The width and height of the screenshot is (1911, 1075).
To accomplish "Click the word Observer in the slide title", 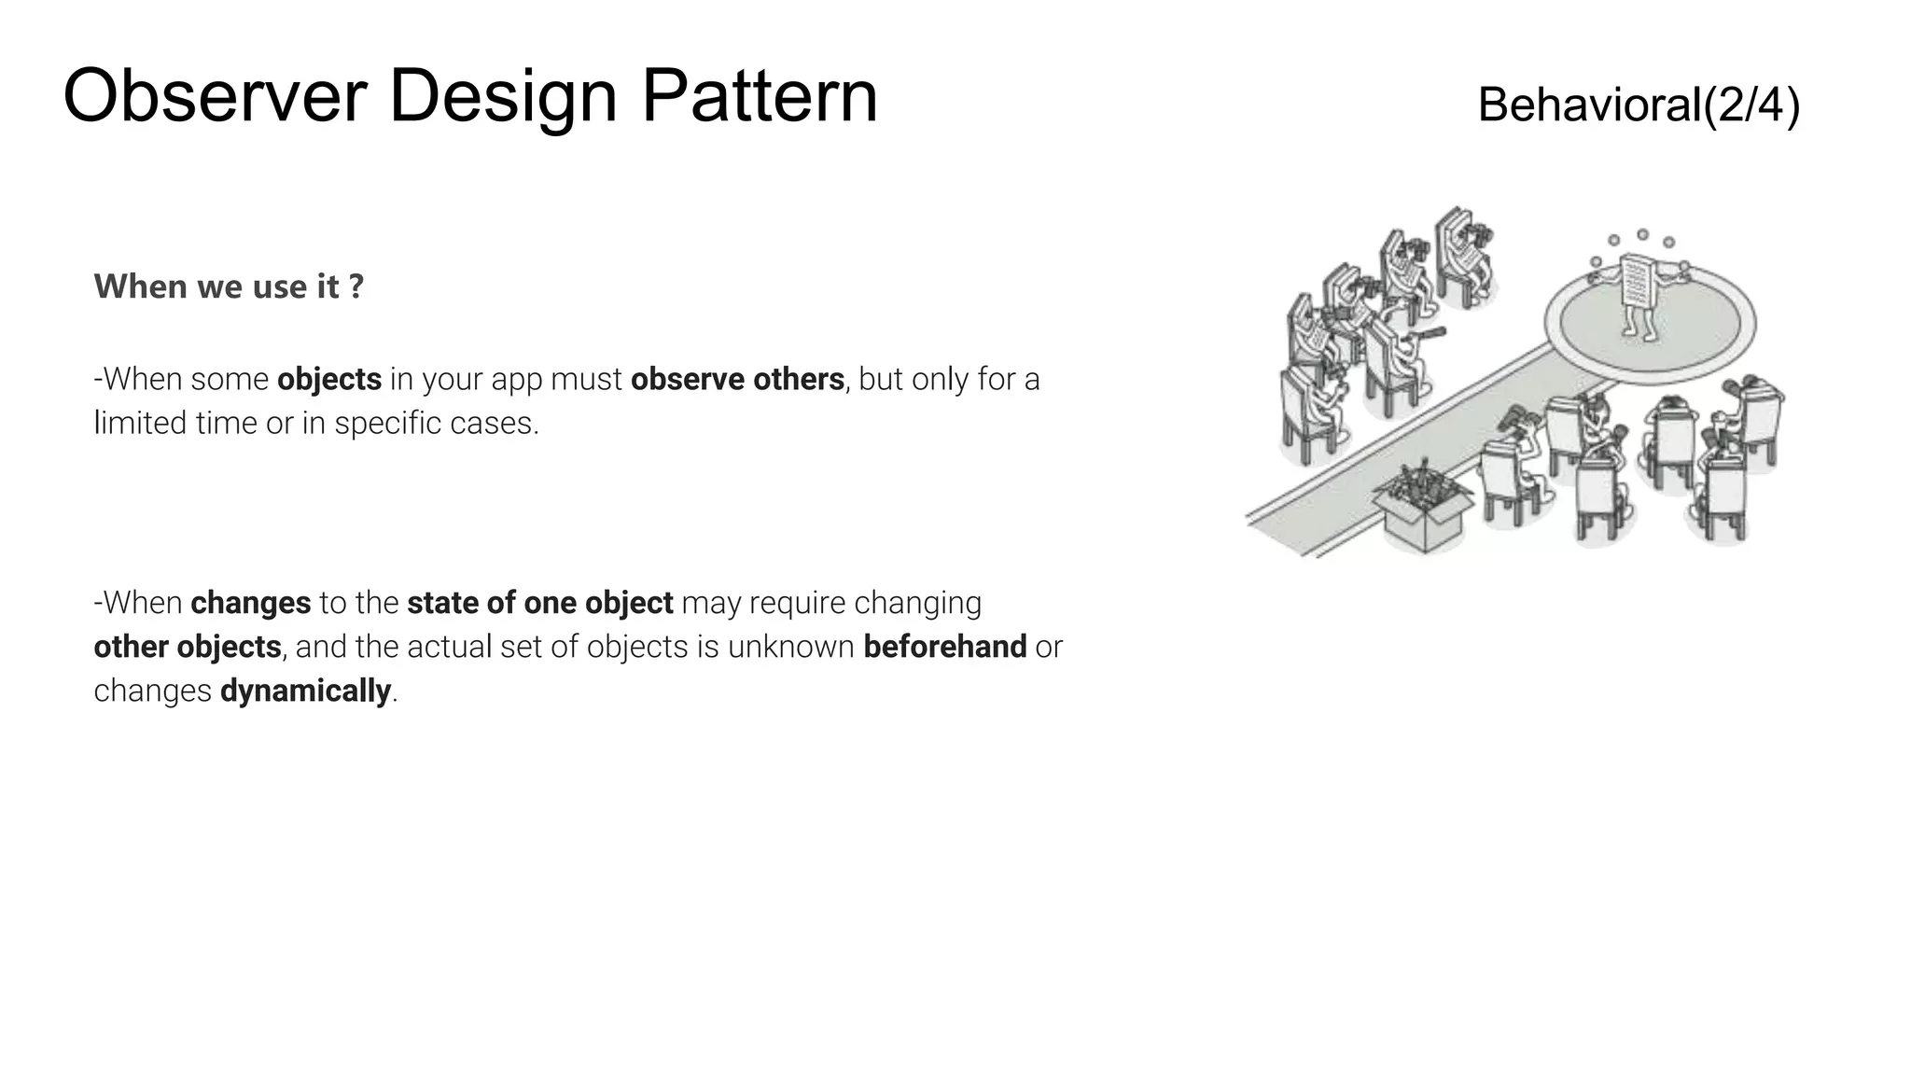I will (x=215, y=96).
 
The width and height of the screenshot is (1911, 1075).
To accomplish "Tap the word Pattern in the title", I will (x=759, y=96).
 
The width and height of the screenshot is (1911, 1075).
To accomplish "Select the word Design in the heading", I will (x=502, y=98).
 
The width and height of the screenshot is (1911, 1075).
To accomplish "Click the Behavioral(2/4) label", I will (x=1639, y=105).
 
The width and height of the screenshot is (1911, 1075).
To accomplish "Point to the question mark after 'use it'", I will (x=356, y=286).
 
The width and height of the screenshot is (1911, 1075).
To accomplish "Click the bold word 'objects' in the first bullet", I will (x=329, y=380).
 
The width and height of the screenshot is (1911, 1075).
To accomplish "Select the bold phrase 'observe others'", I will (x=737, y=380).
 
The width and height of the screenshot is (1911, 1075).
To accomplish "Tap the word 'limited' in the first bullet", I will (x=140, y=424).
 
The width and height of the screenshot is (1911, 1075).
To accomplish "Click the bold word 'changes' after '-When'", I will (x=250, y=604).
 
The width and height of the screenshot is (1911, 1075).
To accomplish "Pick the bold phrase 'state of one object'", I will (x=539, y=604).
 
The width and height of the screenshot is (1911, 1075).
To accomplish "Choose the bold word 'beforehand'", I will (x=944, y=647).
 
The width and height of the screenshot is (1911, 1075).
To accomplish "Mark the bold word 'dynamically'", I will (x=305, y=691).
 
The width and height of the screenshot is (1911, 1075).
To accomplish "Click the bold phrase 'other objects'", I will (x=188, y=647).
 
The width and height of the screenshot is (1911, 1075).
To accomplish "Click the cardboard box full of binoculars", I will (x=1424, y=509).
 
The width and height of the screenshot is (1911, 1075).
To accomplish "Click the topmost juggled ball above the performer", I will (x=1642, y=234).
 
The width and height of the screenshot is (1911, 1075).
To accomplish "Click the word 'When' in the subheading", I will (x=141, y=286).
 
